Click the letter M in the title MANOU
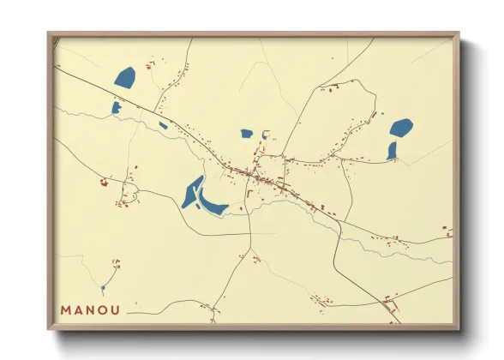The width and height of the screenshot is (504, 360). (x=66, y=310)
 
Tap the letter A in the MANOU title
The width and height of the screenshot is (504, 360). (x=80, y=310)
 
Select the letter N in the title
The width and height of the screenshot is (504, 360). (x=93, y=310)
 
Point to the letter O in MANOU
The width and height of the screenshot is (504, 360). (x=105, y=310)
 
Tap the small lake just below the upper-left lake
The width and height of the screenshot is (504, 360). (x=116, y=107)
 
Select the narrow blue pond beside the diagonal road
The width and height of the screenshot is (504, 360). (x=163, y=126)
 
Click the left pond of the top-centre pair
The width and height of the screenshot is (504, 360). (x=247, y=133)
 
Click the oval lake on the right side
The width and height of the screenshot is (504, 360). (x=401, y=129)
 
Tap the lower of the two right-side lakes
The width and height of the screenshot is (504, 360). (x=392, y=151)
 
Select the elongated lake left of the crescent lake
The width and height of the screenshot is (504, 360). (x=192, y=193)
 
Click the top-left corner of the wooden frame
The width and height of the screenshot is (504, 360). (x=49, y=34)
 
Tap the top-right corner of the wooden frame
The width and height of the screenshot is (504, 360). (x=458, y=34)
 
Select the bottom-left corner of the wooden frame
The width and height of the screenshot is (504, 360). (x=49, y=328)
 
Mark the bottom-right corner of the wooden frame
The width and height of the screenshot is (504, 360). (x=458, y=328)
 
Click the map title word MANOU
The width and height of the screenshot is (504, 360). (x=92, y=310)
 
